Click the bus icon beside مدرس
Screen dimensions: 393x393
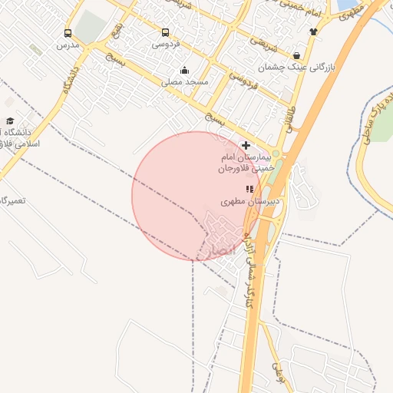pyautogui.click(x=68, y=34)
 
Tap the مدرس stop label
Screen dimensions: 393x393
pyautogui.click(x=68, y=45)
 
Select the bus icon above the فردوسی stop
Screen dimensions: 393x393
pyautogui.click(x=165, y=32)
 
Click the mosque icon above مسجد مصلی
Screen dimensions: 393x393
pyautogui.click(x=184, y=71)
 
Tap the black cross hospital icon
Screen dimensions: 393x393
pyautogui.click(x=246, y=145)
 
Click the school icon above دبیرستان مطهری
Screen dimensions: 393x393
pyautogui.click(x=249, y=189)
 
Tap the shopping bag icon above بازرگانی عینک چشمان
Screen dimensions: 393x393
pyautogui.click(x=297, y=55)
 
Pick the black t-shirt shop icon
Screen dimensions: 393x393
pyautogui.click(x=312, y=31)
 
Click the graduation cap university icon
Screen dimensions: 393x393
pyautogui.click(x=10, y=121)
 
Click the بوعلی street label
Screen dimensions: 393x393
pyautogui.click(x=279, y=373)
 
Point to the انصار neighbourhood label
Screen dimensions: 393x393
pyautogui.click(x=217, y=249)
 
